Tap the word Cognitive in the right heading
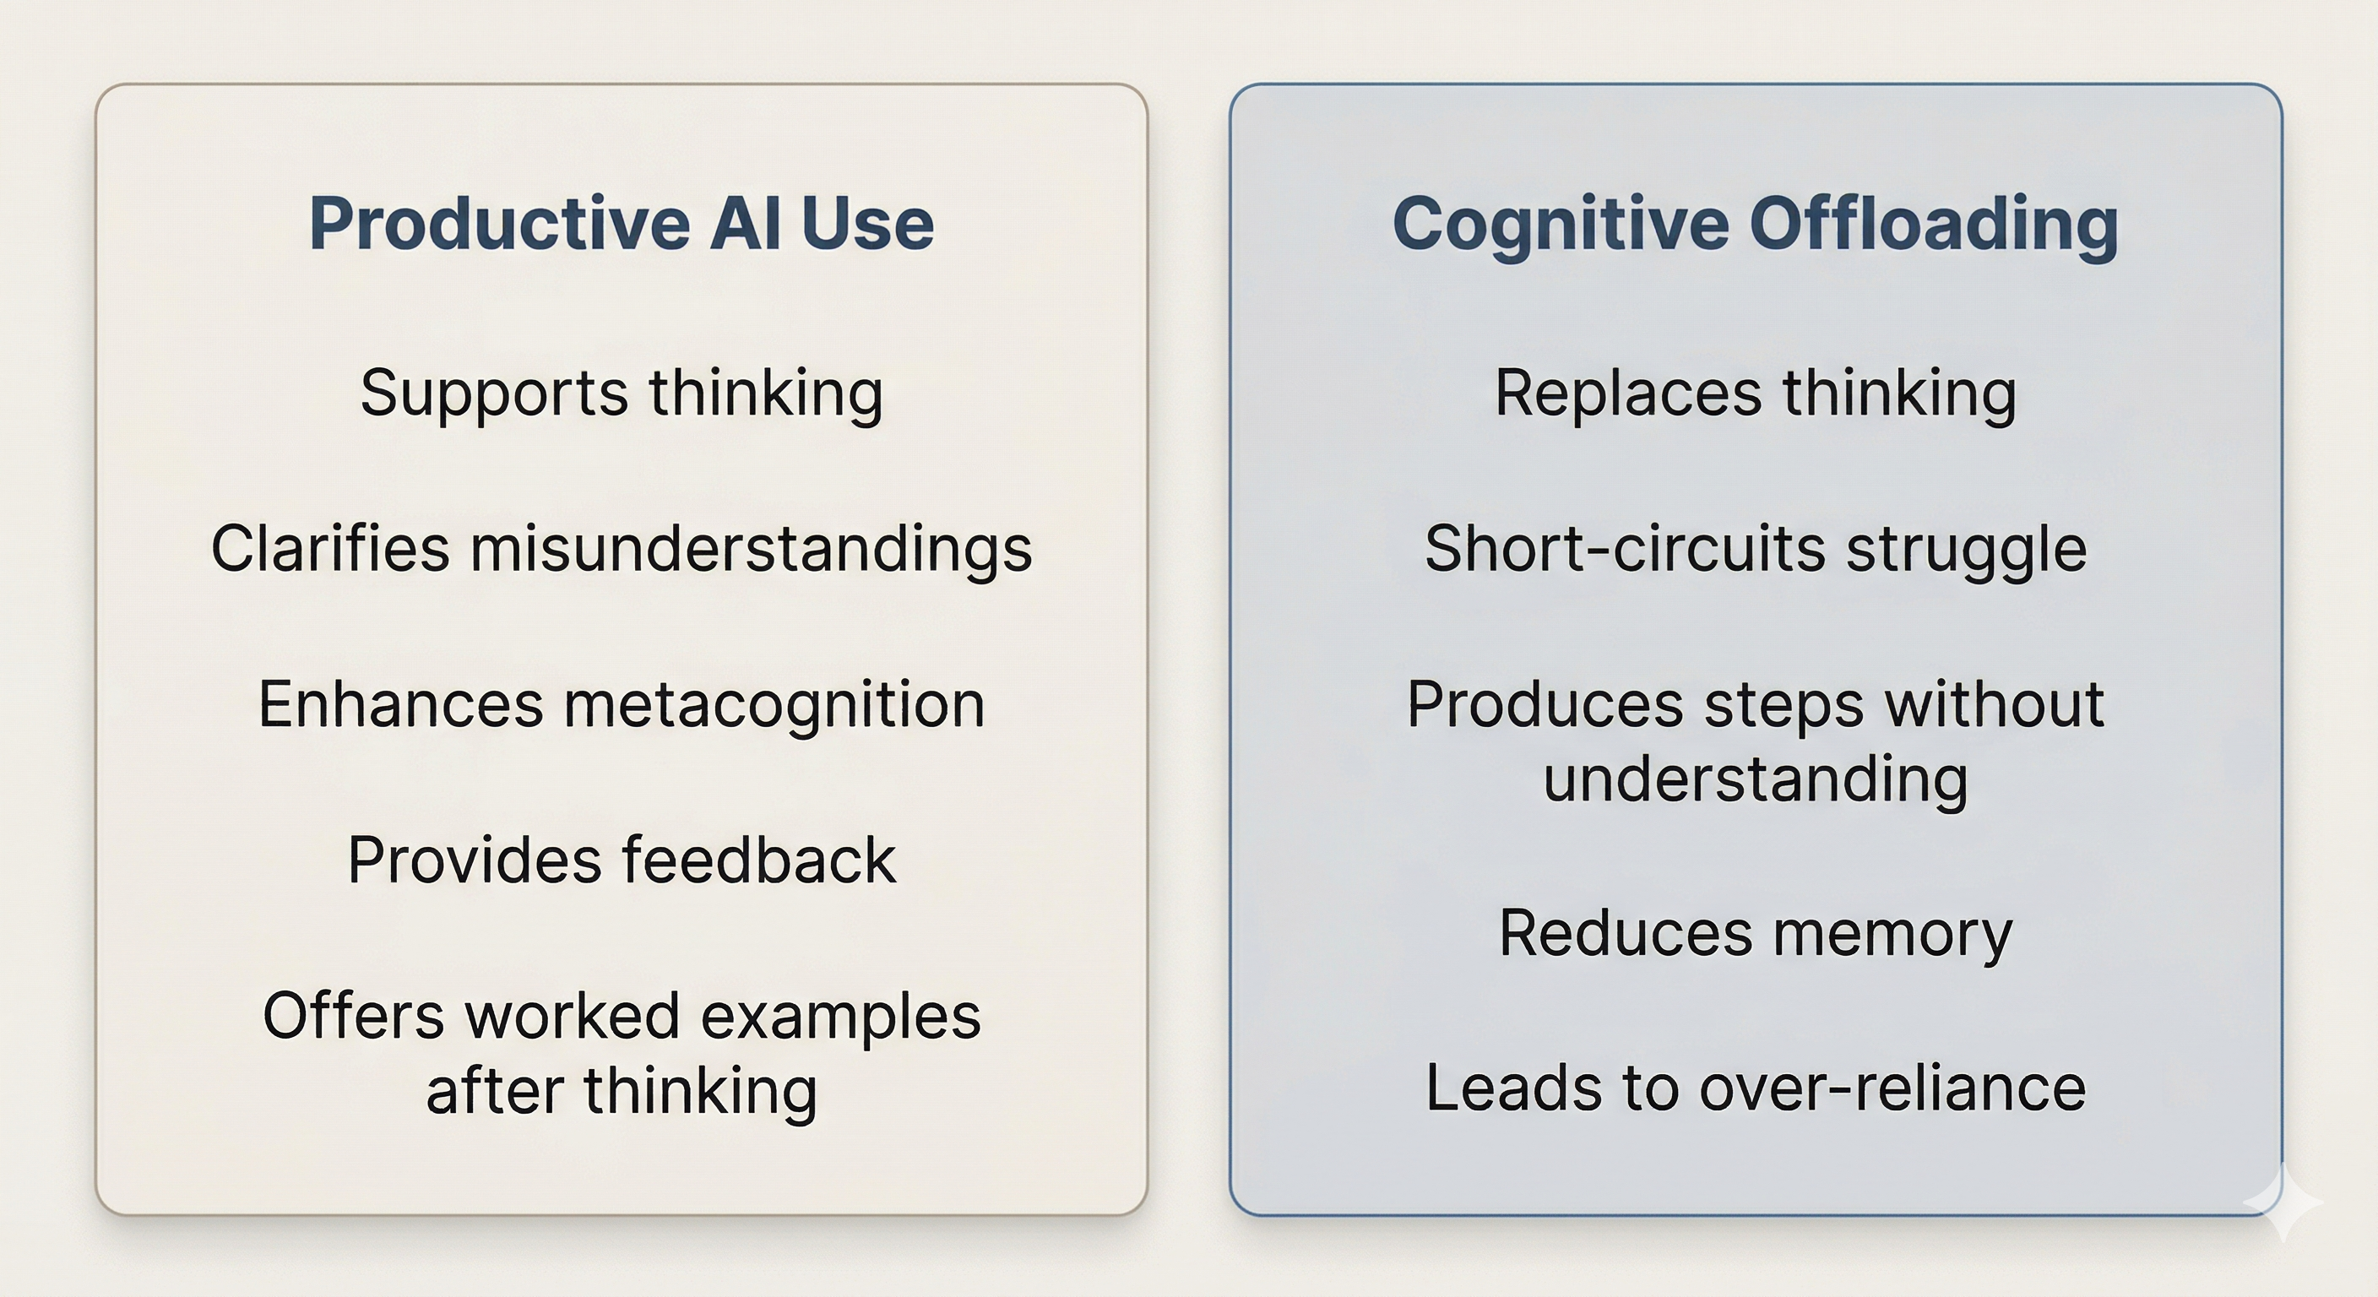1560,225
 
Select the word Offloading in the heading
1934,225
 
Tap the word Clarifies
330,548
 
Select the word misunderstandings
752,548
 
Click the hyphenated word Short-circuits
1625,548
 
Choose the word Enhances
400,704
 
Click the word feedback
759,860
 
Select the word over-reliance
1892,1088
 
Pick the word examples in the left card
840,1018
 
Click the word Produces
1545,704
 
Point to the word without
1995,704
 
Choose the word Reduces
1626,932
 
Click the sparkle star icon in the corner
2283,1201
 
